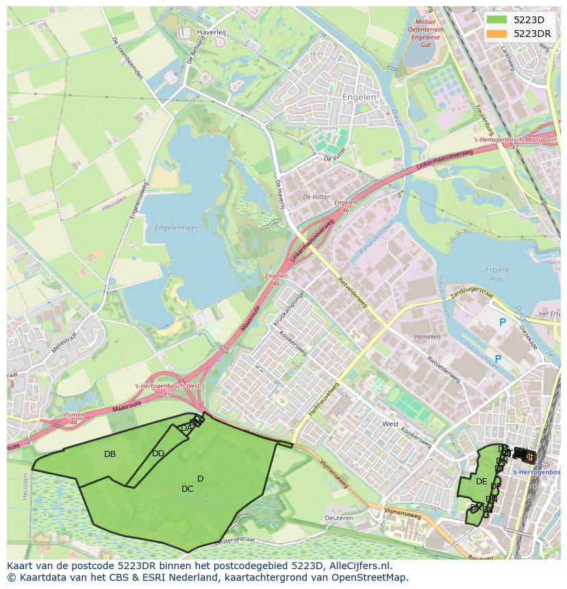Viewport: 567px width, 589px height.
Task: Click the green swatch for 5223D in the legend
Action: tap(497, 20)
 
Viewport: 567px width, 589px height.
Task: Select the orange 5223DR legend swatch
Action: tap(497, 34)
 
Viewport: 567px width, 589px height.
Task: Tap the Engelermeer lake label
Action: tap(176, 228)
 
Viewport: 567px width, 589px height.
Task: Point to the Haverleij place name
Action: tap(211, 32)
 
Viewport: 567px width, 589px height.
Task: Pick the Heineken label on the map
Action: tap(427, 337)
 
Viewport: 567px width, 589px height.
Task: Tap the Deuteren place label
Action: tap(339, 518)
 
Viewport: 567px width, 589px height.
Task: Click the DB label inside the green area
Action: tap(110, 454)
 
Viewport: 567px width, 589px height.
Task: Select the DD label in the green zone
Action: tap(158, 454)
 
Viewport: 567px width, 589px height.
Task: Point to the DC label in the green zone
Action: tap(187, 489)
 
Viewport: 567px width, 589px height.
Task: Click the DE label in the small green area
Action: tap(481, 482)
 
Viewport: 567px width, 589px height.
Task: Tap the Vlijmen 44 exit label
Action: tap(73, 418)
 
